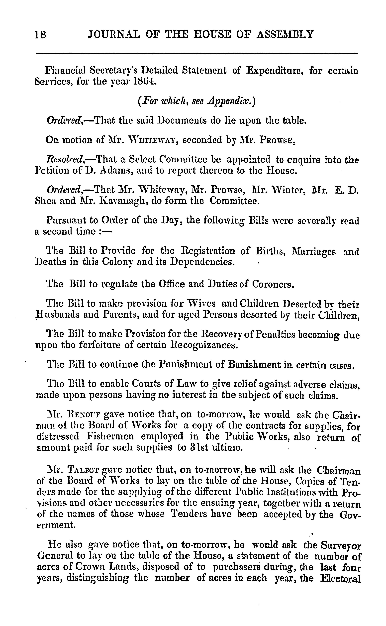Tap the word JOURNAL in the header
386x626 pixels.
coord(114,34)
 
